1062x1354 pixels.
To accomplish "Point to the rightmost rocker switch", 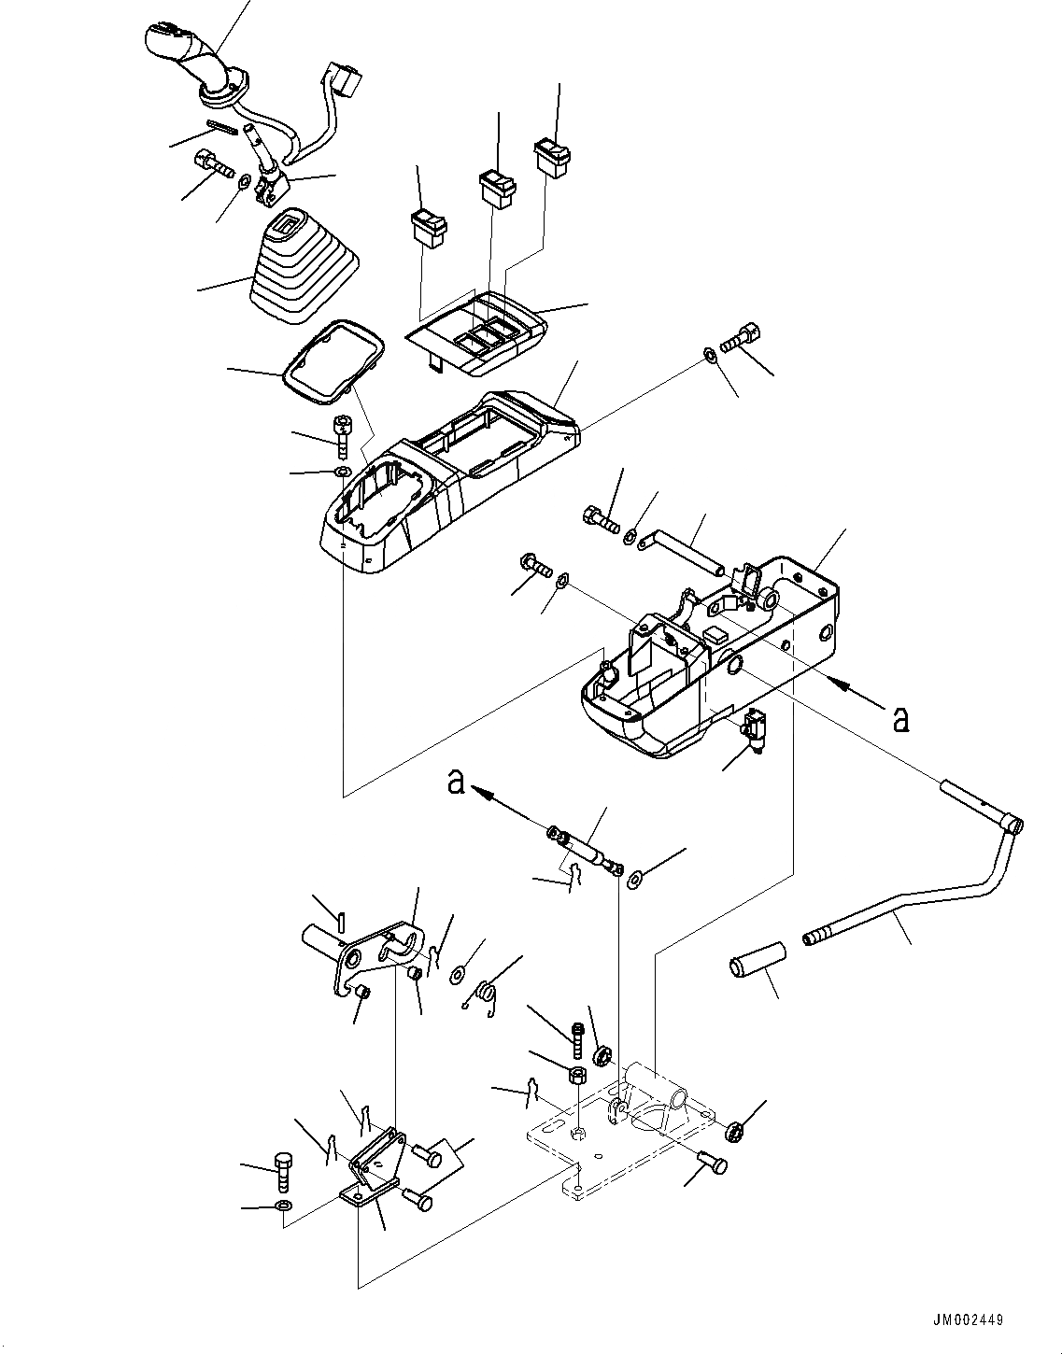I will pos(553,156).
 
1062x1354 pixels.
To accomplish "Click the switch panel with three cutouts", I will pos(478,331).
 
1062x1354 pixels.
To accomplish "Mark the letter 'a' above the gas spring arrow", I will pos(455,781).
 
